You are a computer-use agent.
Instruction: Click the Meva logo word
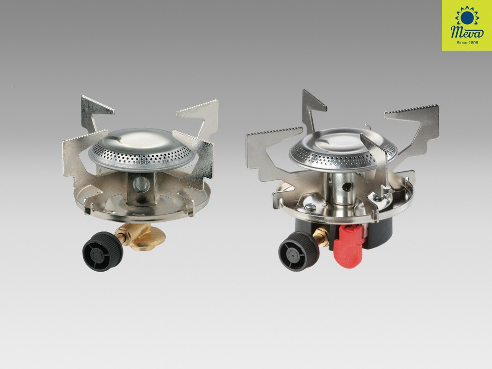pyautogui.click(x=467, y=32)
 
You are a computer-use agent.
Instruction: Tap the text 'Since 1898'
pyautogui.click(x=467, y=43)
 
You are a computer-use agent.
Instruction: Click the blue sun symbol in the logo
pyautogui.click(x=467, y=16)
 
